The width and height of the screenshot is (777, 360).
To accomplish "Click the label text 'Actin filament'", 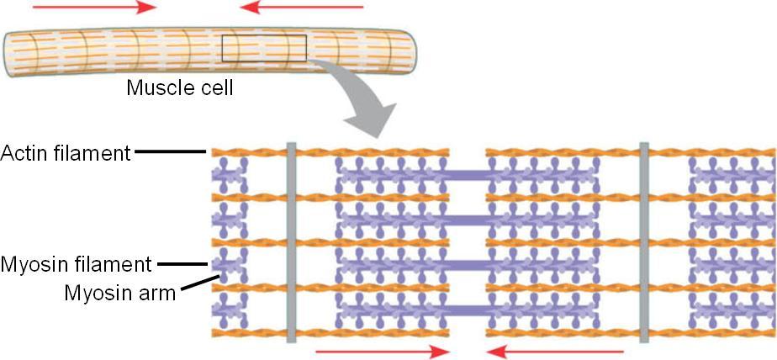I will tap(66, 153).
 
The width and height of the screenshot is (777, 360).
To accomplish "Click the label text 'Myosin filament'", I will tap(77, 265).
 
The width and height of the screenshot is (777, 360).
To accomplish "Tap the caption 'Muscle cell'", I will tap(179, 87).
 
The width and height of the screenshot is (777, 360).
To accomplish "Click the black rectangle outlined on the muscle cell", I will tap(263, 49).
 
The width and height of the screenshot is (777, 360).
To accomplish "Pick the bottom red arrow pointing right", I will tap(383, 351).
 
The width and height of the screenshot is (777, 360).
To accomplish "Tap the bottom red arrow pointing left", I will tap(556, 351).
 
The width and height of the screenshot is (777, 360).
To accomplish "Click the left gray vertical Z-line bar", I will tap(291, 242).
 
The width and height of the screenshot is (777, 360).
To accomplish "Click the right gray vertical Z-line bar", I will tap(644, 242).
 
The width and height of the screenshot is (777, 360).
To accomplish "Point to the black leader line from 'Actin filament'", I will tap(171, 152).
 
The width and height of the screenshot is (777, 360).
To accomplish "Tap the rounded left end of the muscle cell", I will tap(10, 49).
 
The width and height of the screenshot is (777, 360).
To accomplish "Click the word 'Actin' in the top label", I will tap(24, 153).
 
